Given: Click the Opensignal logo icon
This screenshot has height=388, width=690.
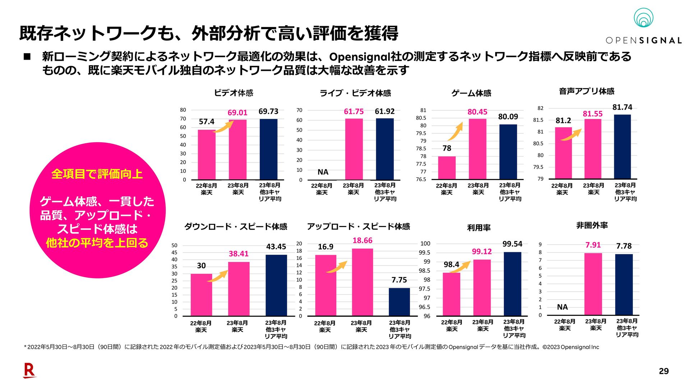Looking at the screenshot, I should [x=643, y=18].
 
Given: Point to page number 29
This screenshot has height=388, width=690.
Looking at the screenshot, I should [x=664, y=371].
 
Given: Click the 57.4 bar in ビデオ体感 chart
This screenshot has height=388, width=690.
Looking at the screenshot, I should [x=207, y=154].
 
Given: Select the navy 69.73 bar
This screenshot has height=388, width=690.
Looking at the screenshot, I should [x=268, y=149].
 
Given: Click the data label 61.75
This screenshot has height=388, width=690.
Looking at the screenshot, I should [x=354, y=111].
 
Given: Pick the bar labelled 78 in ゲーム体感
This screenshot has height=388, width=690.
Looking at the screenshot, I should [x=447, y=167].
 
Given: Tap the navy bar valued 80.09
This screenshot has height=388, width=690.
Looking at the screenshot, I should [x=508, y=152].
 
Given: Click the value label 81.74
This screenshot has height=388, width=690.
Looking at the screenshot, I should [x=622, y=107].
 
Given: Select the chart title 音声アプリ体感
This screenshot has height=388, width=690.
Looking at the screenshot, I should [x=586, y=91].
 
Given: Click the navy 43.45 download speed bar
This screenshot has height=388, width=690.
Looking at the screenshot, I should [x=276, y=285].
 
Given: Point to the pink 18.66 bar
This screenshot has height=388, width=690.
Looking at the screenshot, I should [x=362, y=282].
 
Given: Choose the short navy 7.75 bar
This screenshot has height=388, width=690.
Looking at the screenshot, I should [x=399, y=302].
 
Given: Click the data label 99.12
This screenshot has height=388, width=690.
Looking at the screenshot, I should [x=482, y=251].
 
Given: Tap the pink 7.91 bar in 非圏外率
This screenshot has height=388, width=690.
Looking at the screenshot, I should [x=593, y=284].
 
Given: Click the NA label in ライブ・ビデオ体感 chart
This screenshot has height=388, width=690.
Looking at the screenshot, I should [x=323, y=172].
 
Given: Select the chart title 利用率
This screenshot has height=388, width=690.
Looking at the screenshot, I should [x=479, y=227].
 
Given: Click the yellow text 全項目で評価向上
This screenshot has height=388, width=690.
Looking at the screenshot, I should [x=97, y=174].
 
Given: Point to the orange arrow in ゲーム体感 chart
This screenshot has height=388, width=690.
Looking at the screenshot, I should [x=455, y=131].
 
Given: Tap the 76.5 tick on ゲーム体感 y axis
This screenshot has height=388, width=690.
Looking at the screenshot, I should [x=421, y=179].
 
